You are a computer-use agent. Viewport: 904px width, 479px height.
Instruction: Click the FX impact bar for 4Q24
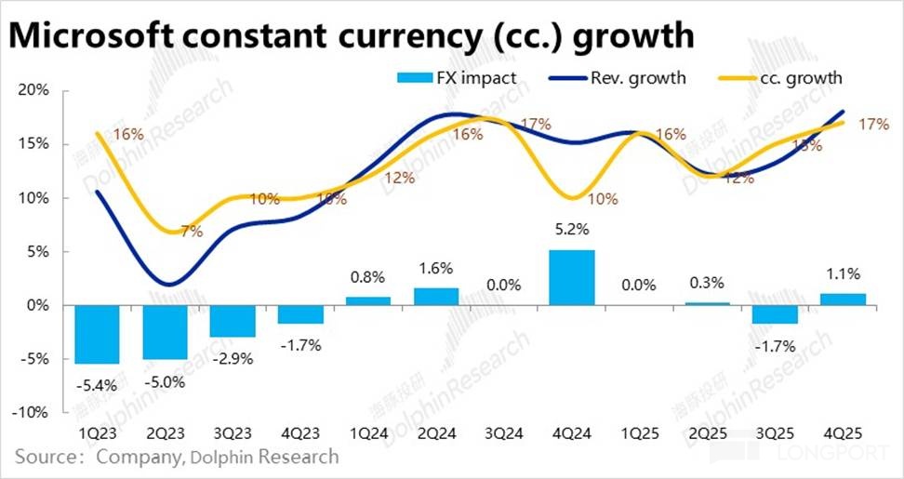click(x=571, y=277)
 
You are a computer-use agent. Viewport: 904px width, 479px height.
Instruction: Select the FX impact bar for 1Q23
click(x=97, y=334)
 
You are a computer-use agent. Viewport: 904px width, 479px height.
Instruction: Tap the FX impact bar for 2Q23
click(x=166, y=332)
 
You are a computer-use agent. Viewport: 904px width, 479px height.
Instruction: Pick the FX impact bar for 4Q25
click(x=844, y=299)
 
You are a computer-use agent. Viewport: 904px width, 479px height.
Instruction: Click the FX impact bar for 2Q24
click(x=436, y=297)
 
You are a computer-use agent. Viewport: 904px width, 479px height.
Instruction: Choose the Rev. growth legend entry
click(x=639, y=77)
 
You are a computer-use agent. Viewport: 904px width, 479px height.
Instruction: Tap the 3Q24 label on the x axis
click(x=505, y=435)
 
